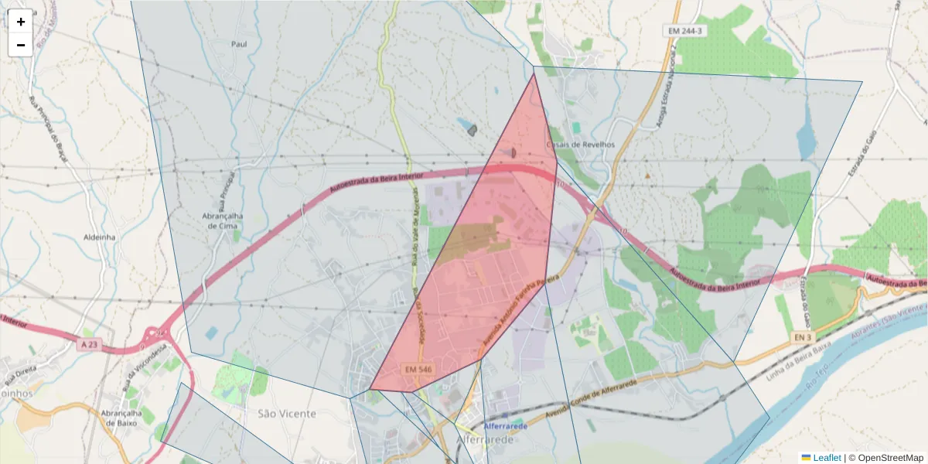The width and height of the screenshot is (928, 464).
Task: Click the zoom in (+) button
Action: pyautogui.click(x=21, y=22)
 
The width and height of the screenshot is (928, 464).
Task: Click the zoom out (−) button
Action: pyautogui.click(x=21, y=45)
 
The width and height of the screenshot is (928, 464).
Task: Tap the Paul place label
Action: pyautogui.click(x=239, y=44)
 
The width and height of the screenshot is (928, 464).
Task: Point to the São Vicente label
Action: pyautogui.click(x=286, y=414)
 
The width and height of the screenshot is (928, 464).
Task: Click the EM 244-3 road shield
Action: pyautogui.click(x=686, y=30)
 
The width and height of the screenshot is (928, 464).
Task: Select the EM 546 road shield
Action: pyautogui.click(x=418, y=370)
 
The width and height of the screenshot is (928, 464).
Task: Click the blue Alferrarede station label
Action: pyautogui.click(x=506, y=426)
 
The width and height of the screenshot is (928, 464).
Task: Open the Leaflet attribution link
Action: pyautogui.click(x=826, y=458)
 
